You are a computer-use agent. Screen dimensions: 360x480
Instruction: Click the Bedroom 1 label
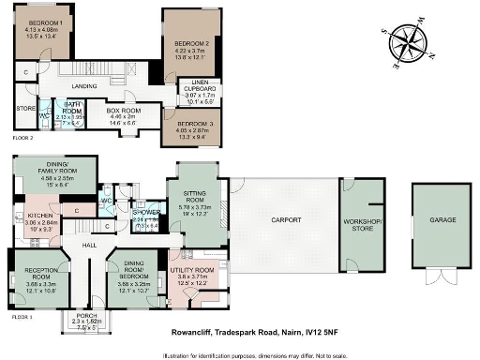(46, 22)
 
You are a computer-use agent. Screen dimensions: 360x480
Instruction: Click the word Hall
(89, 245)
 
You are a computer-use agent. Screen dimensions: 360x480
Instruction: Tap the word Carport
(286, 219)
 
